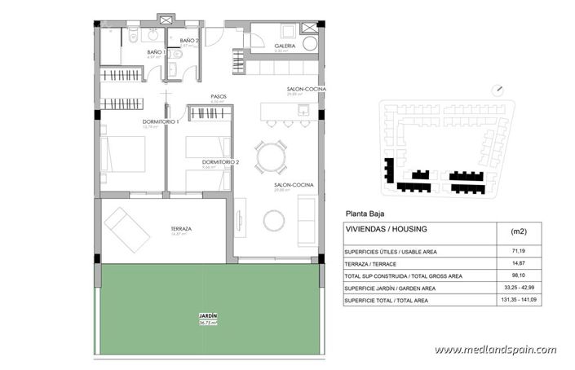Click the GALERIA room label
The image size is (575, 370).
click(x=285, y=46)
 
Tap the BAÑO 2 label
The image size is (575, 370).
click(x=188, y=40)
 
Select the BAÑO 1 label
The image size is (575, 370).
click(x=156, y=53)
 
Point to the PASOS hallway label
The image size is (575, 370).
click(x=219, y=96)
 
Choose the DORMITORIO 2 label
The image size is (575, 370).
click(x=220, y=162)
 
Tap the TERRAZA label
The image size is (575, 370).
click(x=181, y=229)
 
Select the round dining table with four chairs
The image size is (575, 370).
click(x=271, y=156)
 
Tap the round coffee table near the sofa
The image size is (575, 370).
click(x=274, y=220)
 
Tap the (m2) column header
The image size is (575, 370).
click(x=518, y=231)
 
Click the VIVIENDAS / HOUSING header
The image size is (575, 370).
click(x=386, y=230)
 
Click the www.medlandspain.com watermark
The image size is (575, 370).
click(x=495, y=350)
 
